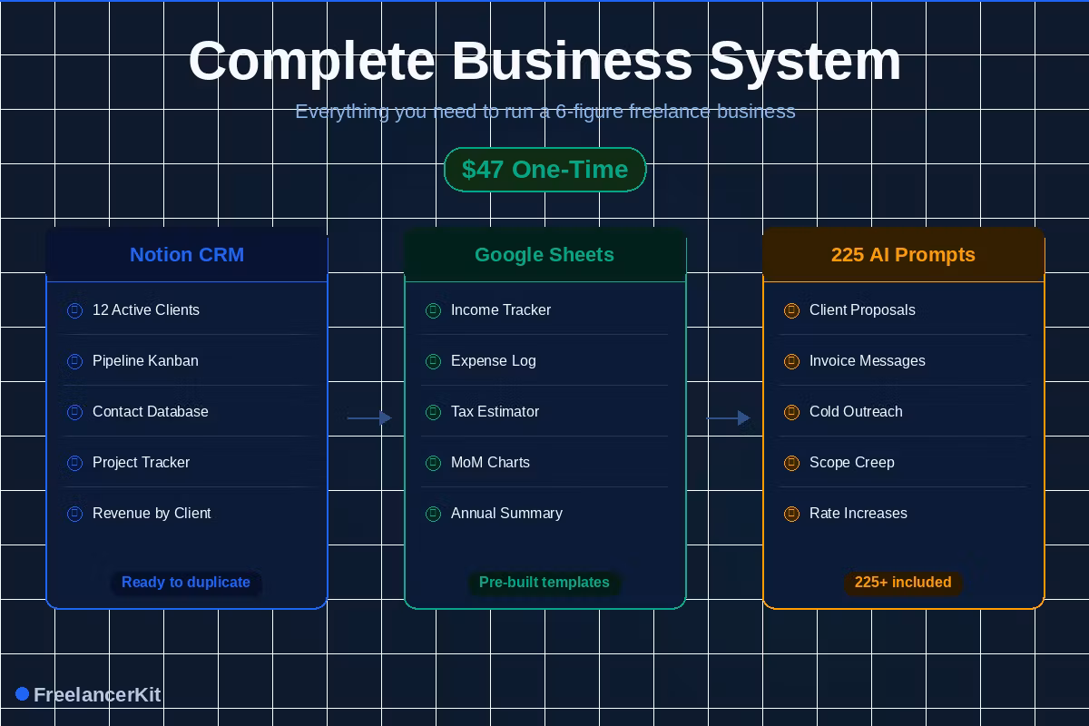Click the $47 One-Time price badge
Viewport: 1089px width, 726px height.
coord(545,170)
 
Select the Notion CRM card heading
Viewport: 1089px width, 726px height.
coord(187,255)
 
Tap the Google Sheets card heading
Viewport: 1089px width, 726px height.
coord(544,255)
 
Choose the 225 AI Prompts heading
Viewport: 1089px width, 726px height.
coord(903,255)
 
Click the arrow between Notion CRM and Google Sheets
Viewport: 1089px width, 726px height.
coord(369,417)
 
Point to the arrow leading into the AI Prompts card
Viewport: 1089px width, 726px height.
coord(728,417)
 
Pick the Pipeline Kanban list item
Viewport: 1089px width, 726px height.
coord(145,361)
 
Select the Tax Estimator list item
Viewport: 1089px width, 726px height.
coord(495,411)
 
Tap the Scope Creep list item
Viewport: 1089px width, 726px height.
coord(852,463)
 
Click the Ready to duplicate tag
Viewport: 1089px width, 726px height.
coord(186,582)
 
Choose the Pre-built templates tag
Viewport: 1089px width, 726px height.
coord(544,582)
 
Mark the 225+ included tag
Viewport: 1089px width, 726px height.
coord(903,582)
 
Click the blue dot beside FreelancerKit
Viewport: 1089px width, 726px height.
coord(23,694)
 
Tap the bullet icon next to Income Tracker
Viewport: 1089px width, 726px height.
coord(433,310)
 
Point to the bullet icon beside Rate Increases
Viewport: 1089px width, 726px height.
coord(791,514)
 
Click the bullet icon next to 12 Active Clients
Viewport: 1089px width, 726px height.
coord(74,310)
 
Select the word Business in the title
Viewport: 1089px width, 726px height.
coord(572,62)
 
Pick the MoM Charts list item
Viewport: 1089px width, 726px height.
coord(490,463)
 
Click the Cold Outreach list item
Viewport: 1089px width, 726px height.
coord(856,411)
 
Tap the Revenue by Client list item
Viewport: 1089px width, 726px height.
coord(152,514)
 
